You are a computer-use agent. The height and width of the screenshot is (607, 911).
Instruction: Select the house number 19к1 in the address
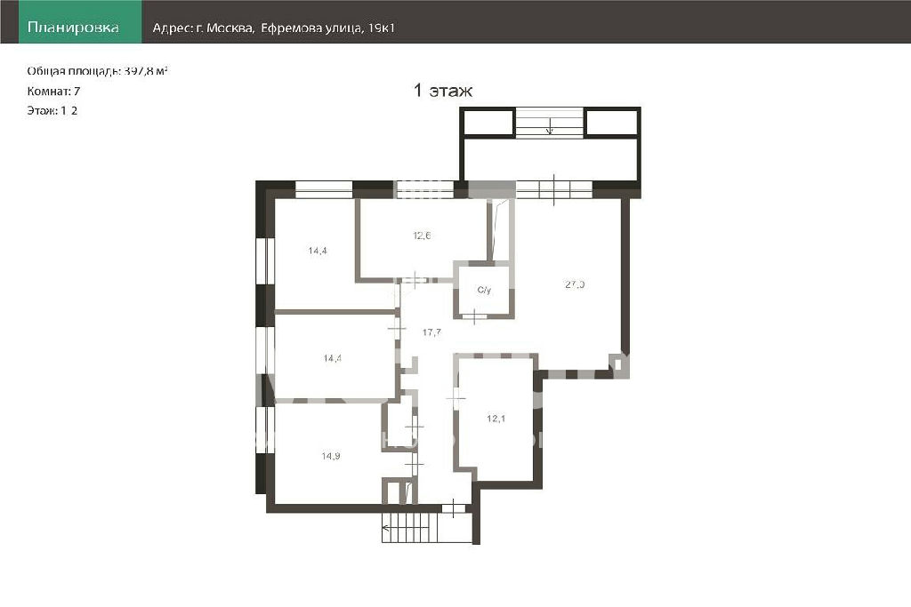[x=383, y=28]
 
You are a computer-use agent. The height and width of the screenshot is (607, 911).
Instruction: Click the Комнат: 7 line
[x=53, y=92]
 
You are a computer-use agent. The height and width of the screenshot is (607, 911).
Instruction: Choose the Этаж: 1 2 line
[x=52, y=110]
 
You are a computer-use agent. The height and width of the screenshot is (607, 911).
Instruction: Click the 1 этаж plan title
[x=443, y=91]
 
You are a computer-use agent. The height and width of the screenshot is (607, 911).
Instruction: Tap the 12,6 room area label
[x=422, y=236]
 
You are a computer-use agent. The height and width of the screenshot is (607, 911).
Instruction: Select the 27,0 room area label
[x=575, y=284]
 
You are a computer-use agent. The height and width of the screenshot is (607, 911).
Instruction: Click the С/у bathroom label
[x=484, y=290]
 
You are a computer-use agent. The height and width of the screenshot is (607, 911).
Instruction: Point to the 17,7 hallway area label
[x=431, y=332]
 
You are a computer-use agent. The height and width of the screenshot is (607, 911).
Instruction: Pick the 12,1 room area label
[x=496, y=419]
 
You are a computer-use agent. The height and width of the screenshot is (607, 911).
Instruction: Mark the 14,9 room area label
[x=331, y=456]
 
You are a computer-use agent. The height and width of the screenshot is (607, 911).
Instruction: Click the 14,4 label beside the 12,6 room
[x=318, y=251]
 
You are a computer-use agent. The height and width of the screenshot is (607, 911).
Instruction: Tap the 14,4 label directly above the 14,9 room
[x=333, y=358]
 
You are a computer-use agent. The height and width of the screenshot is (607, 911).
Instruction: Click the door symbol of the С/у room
[x=475, y=317]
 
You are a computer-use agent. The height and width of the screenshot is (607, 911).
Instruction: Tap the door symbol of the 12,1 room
[x=455, y=398]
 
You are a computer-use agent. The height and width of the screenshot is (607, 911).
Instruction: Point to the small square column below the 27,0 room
[x=617, y=363]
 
